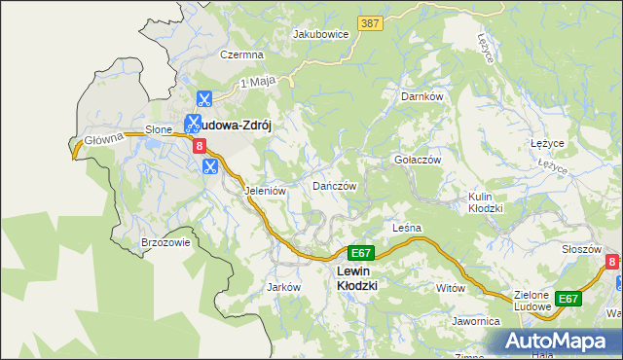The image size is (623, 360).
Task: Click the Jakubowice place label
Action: click(x=321, y=33)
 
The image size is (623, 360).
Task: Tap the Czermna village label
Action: click(x=242, y=55)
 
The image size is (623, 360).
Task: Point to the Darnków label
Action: click(x=421, y=97)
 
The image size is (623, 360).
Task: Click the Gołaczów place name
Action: click(x=418, y=160)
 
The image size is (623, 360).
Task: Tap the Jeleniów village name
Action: click(x=265, y=192)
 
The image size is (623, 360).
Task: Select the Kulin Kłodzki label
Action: click(x=485, y=202)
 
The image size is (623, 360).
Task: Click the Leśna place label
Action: click(x=406, y=228)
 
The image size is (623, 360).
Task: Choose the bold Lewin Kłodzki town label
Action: click(x=356, y=278)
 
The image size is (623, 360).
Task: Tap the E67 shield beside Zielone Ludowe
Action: click(x=568, y=299)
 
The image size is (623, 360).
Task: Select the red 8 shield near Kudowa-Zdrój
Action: click(x=201, y=146)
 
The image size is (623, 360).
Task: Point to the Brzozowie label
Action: click(x=165, y=243)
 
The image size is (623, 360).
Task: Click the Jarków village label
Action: click(x=282, y=287)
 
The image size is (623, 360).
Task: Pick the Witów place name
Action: click(x=451, y=288)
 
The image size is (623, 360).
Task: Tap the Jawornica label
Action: click(x=476, y=320)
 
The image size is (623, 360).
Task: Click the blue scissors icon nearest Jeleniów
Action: click(x=208, y=166)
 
